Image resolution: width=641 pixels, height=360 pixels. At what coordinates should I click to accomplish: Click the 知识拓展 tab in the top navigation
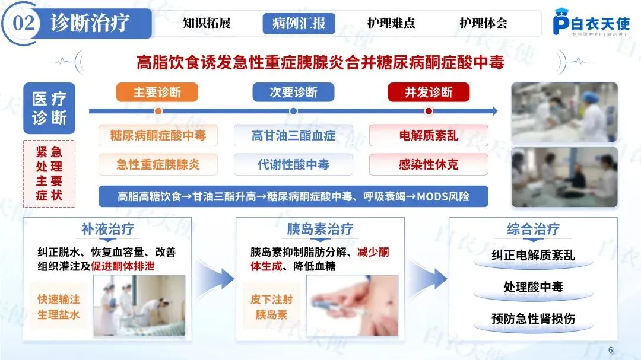[x=206, y=24]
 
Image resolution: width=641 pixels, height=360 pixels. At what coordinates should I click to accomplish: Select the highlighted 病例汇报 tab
[x=299, y=24]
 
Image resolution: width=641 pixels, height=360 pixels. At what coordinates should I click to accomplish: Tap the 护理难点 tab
[x=391, y=24]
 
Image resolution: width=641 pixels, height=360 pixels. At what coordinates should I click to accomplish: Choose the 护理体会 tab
[x=483, y=24]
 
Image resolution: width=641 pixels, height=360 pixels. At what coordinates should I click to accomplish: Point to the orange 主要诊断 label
[x=157, y=92]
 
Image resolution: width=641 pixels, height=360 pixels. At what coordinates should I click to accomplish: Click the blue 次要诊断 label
[x=293, y=92]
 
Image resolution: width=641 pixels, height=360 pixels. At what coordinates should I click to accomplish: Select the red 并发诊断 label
[x=429, y=92]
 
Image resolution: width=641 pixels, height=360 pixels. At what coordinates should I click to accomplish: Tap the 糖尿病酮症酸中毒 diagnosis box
[x=158, y=135]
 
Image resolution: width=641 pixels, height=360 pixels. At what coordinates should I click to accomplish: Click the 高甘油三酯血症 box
[x=293, y=135]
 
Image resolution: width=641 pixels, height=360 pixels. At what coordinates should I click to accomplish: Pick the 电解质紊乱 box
[x=429, y=135]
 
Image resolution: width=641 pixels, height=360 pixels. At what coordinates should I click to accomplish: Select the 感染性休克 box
[x=429, y=164]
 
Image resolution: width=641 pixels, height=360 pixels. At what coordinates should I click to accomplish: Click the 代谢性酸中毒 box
[x=293, y=164]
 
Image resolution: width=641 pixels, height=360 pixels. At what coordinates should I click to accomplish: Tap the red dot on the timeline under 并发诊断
[x=429, y=111]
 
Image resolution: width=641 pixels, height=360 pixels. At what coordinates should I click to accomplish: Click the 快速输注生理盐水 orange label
[x=58, y=307]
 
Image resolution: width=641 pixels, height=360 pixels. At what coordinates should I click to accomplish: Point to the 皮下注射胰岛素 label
[x=271, y=307]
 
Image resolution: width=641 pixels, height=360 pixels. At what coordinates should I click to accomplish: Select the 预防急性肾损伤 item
[x=533, y=318]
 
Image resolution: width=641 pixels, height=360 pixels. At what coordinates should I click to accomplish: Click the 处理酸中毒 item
[x=533, y=287]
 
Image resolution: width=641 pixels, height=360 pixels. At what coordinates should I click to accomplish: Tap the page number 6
[x=611, y=349]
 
